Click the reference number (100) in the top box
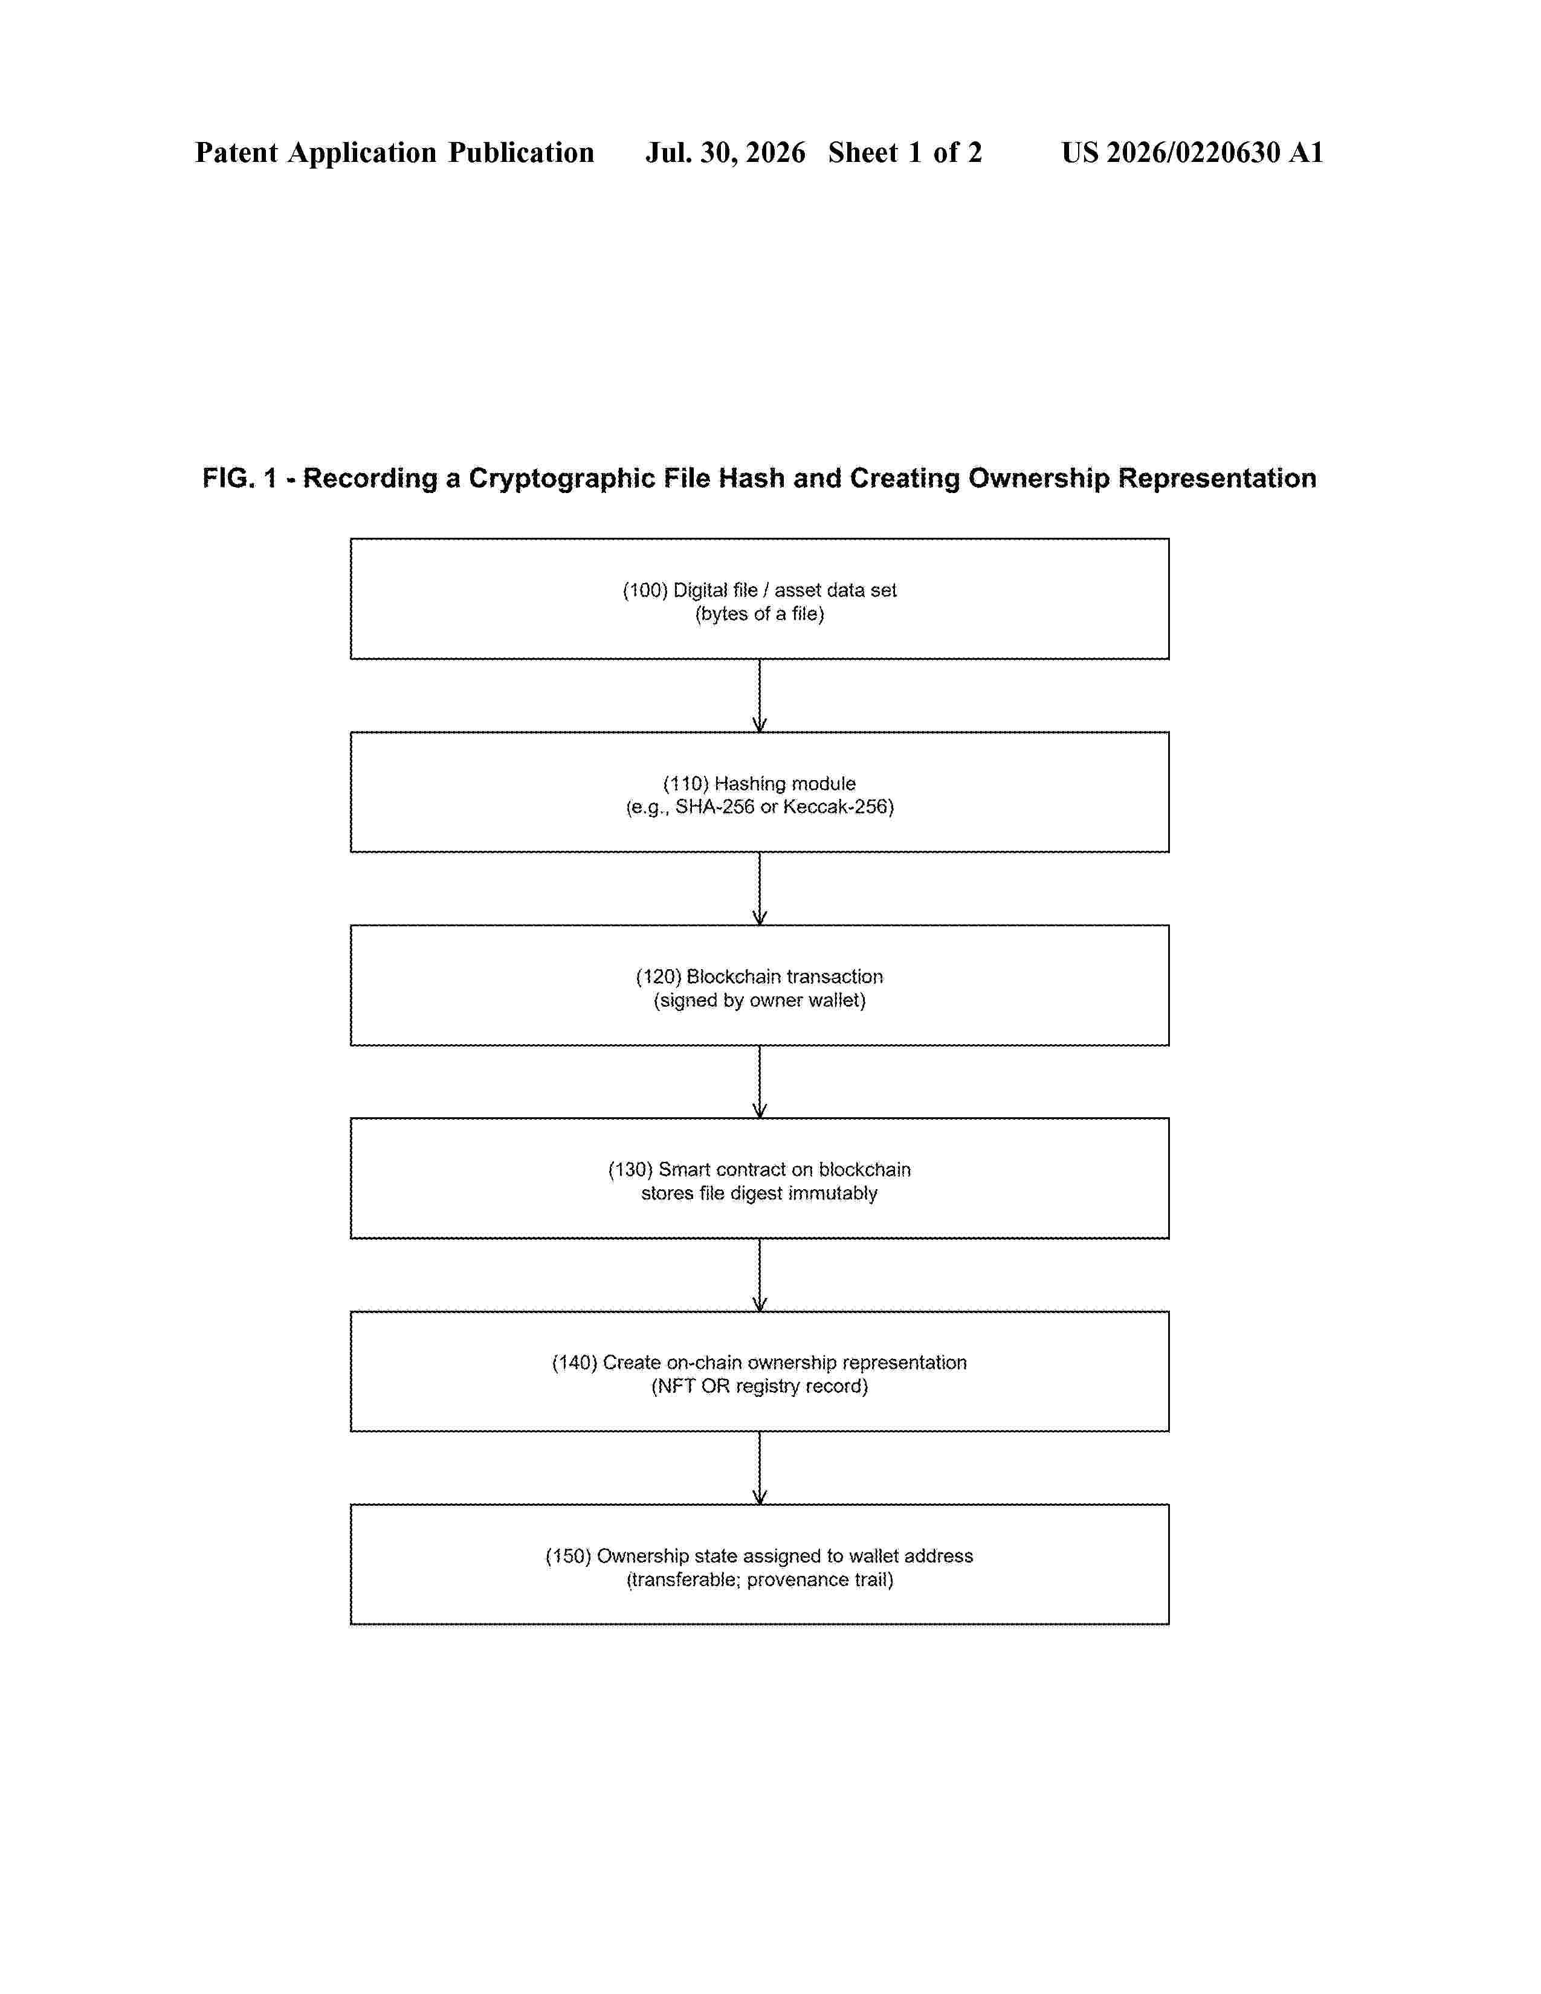[x=645, y=591]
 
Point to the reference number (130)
[x=632, y=1170]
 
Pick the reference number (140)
[x=575, y=1363]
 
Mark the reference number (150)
[x=569, y=1556]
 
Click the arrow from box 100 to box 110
[x=760, y=695]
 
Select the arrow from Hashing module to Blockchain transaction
[x=760, y=888]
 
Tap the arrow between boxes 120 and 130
[x=760, y=1082]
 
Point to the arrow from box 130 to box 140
[x=760, y=1274]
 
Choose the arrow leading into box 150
[x=760, y=1468]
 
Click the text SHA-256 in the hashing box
[x=715, y=807]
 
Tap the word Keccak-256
[x=838, y=807]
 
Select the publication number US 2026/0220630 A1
[x=1192, y=152]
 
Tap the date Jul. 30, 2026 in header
[x=726, y=152]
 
